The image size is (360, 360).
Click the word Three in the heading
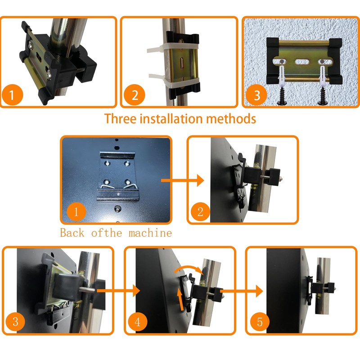[x=120, y=119]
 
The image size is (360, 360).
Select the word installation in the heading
[x=171, y=119]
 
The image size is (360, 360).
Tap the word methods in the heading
[x=231, y=119]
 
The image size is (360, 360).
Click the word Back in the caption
[x=72, y=233]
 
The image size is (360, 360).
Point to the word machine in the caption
[x=150, y=233]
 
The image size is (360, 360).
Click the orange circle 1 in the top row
[x=12, y=94]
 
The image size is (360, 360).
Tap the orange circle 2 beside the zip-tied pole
[x=134, y=95]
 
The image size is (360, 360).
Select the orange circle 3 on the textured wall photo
[x=256, y=95]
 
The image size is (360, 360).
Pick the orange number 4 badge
[x=138, y=321]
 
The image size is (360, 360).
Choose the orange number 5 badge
[x=260, y=321]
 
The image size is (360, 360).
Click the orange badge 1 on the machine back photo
[x=76, y=211]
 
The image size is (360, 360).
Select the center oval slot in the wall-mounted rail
[x=302, y=62]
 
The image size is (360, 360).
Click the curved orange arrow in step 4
[x=188, y=268]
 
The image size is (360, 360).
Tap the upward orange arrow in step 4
[x=181, y=300]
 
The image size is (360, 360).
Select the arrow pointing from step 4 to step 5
[x=242, y=291]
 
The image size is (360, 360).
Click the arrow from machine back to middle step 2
[x=183, y=180]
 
